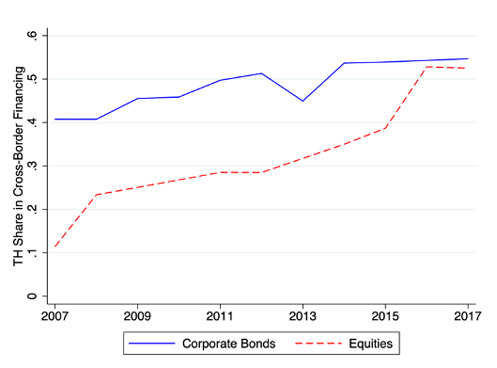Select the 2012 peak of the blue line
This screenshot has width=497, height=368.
[261, 73]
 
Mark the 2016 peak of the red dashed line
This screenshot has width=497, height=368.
[426, 67]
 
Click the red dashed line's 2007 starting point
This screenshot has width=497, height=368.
[56, 247]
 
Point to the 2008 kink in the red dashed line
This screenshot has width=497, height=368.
[98, 195]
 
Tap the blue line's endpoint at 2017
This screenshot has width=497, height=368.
[467, 58]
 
